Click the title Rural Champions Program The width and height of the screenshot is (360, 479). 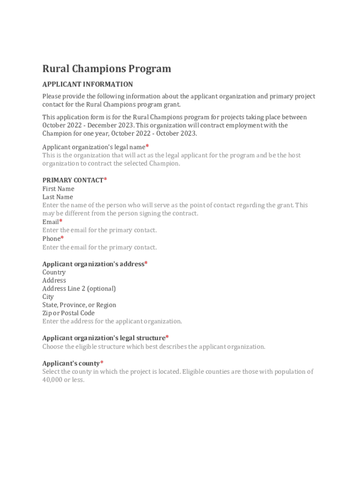[107, 69]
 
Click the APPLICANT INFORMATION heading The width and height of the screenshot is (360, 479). [87, 84]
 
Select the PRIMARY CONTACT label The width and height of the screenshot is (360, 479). [73, 180]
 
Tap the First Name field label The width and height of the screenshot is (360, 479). [58, 189]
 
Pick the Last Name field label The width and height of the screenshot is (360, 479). [58, 197]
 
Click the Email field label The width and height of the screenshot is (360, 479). [50, 222]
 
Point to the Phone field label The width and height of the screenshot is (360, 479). [51, 239]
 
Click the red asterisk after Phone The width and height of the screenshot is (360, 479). [62, 238]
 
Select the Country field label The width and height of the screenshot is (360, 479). [54, 272]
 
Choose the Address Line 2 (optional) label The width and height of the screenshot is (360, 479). [79, 289]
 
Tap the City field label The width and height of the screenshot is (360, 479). [48, 297]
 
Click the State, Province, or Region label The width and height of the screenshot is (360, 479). [79, 305]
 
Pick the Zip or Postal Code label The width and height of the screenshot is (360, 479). [68, 313]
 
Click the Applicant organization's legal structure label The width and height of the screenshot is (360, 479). [104, 338]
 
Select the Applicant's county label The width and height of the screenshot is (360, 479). [71, 363]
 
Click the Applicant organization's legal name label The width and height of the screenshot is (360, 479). [94, 147]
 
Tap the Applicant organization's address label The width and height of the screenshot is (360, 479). [93, 264]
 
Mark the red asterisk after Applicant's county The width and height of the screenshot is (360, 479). [102, 363]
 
